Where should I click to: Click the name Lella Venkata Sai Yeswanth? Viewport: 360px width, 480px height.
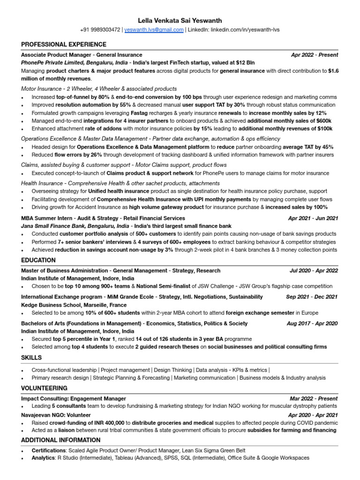tap(180, 21)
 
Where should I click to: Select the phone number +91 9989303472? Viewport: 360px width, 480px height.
tap(100, 30)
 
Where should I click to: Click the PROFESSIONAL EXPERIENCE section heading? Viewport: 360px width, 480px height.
tap(64, 45)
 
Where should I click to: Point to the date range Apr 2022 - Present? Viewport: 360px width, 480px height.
tap(314, 55)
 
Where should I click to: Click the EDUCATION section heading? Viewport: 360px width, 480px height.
tap(38, 260)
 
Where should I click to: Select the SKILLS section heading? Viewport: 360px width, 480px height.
tap(31, 358)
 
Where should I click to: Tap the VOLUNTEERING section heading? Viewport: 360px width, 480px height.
tap(45, 388)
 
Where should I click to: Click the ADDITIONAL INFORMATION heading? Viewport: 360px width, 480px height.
tap(61, 440)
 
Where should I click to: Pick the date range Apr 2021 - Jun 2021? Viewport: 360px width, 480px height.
tap(313, 218)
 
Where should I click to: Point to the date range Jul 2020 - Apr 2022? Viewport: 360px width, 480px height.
tap(314, 271)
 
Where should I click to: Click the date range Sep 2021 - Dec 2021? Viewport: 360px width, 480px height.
tap(312, 297)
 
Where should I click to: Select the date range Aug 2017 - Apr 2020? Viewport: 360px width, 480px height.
tap(312, 323)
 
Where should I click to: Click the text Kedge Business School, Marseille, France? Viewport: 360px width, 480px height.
tap(73, 304)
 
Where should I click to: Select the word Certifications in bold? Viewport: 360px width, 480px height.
tap(49, 450)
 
